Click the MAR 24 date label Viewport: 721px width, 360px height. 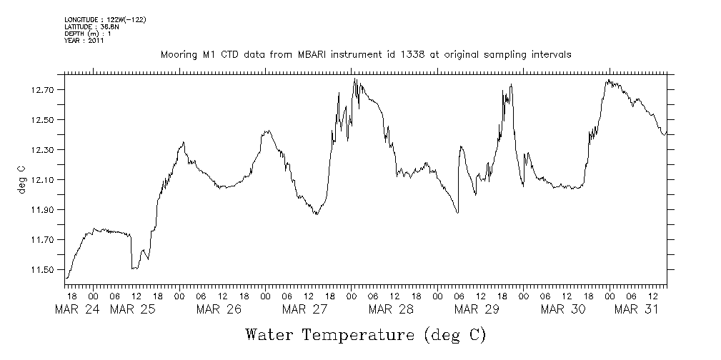point(77,309)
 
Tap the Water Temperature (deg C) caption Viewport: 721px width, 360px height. point(365,334)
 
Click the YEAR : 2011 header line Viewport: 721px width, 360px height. point(85,41)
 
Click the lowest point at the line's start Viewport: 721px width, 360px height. point(66,278)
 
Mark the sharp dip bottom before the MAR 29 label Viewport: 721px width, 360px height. point(457,212)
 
